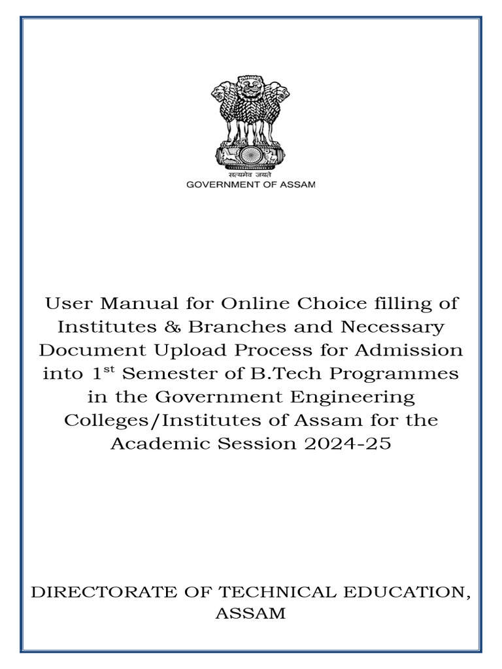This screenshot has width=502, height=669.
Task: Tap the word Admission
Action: pyautogui.click(x=408, y=350)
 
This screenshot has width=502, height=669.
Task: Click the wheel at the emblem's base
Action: pyautogui.click(x=250, y=155)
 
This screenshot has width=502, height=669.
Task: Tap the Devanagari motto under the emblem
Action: pyautogui.click(x=250, y=174)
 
